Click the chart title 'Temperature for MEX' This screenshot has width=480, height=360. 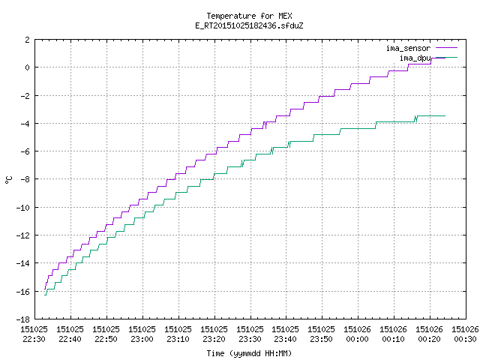(249, 16)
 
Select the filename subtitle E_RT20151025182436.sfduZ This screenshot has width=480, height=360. (249, 25)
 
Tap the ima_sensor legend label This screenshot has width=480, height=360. (408, 48)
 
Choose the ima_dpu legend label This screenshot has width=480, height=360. (415, 58)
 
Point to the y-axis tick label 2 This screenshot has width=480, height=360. (28, 40)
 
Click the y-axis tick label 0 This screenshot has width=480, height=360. (28, 67)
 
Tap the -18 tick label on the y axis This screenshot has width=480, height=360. (23, 319)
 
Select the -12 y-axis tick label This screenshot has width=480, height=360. (23, 235)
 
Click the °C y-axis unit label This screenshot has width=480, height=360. (8, 180)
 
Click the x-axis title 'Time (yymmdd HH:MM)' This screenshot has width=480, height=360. (249, 353)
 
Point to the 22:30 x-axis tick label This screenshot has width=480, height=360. (34, 339)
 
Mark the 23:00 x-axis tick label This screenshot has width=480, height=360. (142, 339)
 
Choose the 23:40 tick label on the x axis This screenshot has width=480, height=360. (286, 339)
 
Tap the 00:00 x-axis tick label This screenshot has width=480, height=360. (358, 339)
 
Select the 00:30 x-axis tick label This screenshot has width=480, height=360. (465, 339)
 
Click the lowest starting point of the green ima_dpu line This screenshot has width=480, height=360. (45, 295)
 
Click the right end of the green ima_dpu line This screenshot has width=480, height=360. (445, 115)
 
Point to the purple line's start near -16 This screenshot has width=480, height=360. (45, 289)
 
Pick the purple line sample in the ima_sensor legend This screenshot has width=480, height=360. (446, 48)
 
